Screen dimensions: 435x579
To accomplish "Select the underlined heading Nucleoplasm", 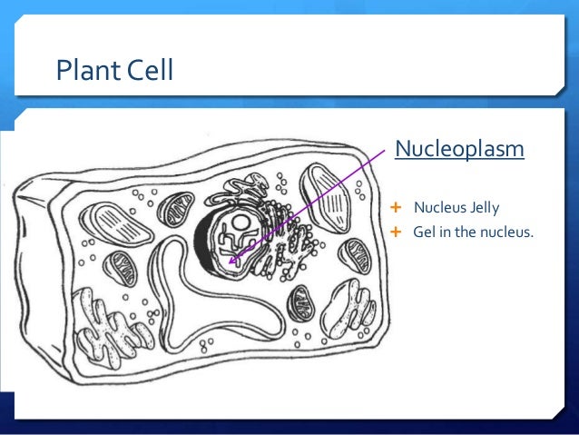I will pos(458,147).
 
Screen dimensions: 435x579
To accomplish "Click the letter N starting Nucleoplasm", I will pos(401,147).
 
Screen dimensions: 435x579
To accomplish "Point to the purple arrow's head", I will pos(231,264).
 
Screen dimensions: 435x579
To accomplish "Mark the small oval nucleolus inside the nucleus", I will pos(240,221).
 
